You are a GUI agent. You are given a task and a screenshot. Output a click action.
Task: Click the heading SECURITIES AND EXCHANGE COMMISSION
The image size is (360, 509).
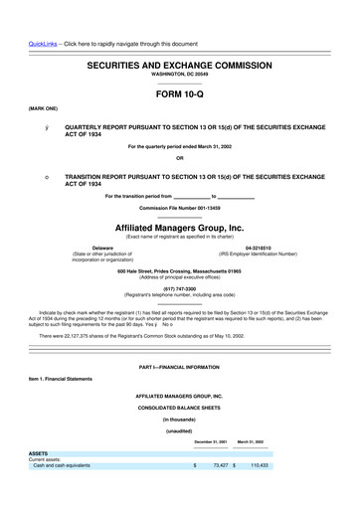coord(179,63)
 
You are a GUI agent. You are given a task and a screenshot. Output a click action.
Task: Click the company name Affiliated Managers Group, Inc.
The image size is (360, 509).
coord(179,228)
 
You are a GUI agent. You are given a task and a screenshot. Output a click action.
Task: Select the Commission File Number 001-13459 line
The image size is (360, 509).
coord(179,208)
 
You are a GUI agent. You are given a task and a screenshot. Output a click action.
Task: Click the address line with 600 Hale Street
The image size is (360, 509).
coord(179,271)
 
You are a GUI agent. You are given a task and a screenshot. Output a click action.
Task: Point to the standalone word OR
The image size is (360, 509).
coord(179,157)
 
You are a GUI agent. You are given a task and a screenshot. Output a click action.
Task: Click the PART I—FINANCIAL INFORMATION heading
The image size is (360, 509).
coord(179,369)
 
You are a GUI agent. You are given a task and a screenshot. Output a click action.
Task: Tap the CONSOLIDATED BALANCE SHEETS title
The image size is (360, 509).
coord(179,408)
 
